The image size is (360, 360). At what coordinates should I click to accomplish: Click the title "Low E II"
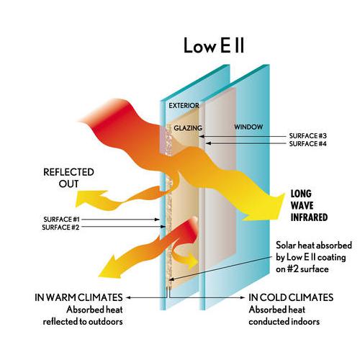[x=214, y=45]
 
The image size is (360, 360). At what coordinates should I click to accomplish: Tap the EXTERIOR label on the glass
[x=184, y=106]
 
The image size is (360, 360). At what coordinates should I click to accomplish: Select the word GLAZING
[x=188, y=128]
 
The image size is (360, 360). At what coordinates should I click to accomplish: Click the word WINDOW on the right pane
[x=248, y=127]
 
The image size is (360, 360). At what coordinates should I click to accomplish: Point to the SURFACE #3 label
[x=308, y=136]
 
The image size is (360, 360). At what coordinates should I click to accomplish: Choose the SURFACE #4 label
[x=308, y=144]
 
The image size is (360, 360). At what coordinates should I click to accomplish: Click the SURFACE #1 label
[x=61, y=220]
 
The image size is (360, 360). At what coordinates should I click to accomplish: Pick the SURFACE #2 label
[x=60, y=228]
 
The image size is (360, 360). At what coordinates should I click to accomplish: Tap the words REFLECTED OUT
[x=68, y=178]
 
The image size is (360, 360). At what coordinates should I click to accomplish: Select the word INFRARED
[x=309, y=217]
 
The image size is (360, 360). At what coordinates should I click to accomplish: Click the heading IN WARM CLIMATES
[x=78, y=297]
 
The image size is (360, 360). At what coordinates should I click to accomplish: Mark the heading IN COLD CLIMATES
[x=291, y=297]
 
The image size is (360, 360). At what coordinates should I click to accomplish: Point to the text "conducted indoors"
[x=284, y=322]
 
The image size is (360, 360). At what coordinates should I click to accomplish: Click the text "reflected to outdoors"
[x=83, y=322]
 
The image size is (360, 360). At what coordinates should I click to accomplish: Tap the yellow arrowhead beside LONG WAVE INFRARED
[x=266, y=207]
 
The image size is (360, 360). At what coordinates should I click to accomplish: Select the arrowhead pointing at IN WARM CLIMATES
[x=128, y=297]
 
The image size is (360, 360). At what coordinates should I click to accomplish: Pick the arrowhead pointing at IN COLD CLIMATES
[x=243, y=297]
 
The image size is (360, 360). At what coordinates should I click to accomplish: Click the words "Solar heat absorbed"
[x=314, y=246]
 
